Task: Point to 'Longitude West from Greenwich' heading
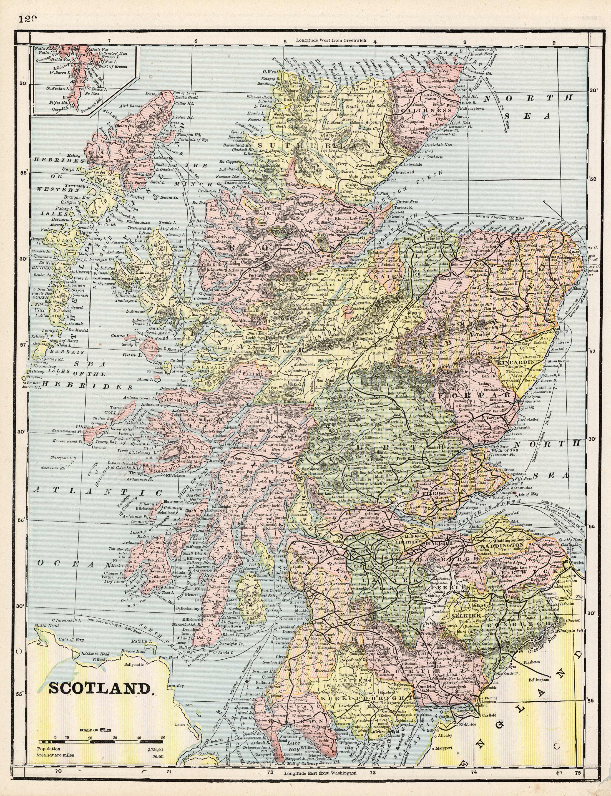pos(331,41)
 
